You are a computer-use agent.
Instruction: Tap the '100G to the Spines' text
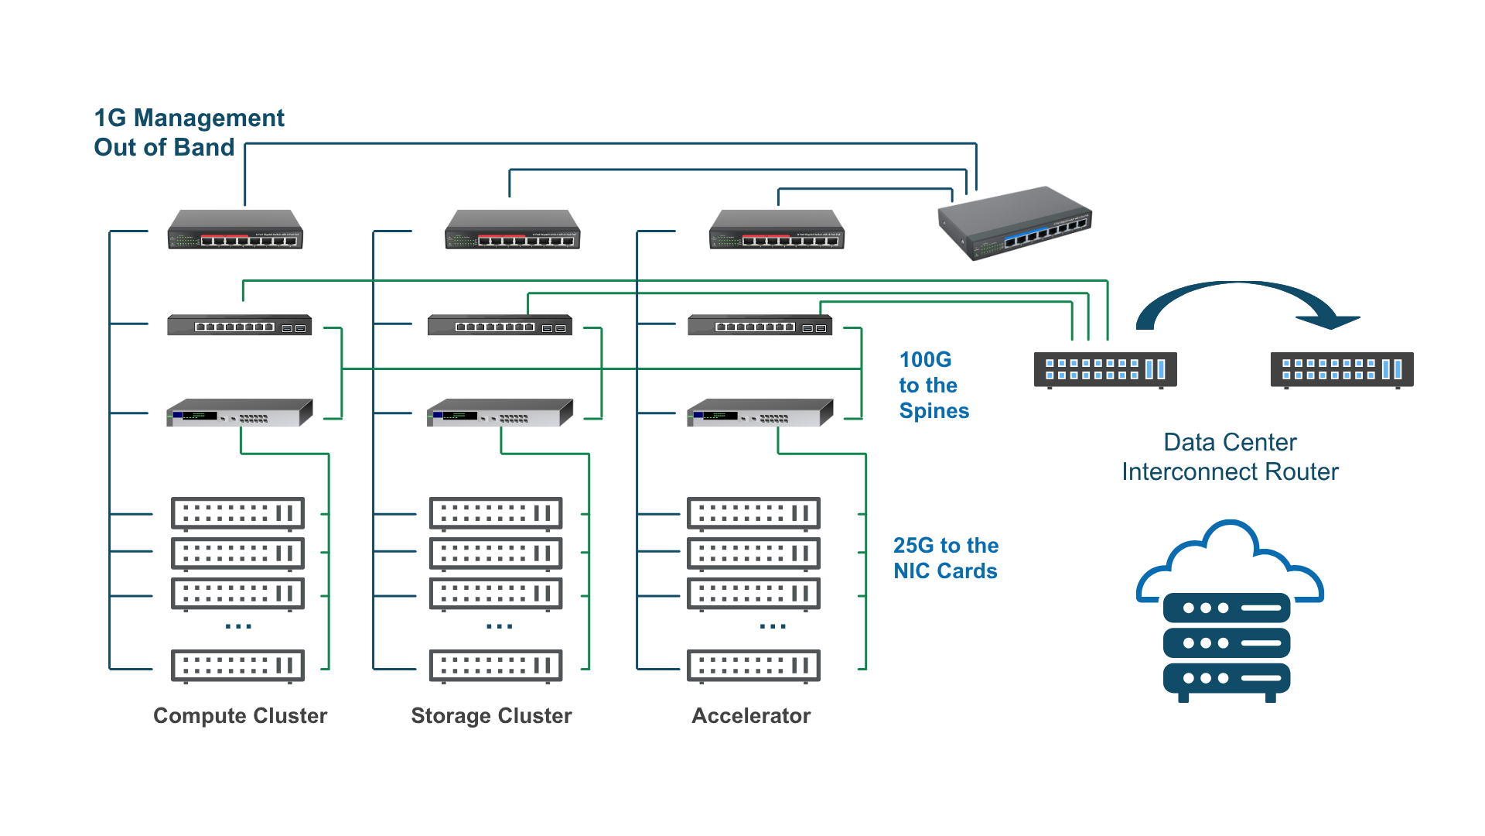point(933,385)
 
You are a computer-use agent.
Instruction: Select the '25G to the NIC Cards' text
point(945,558)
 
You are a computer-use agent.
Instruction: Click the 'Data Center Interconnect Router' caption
point(1230,457)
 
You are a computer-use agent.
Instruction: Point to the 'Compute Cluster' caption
point(240,715)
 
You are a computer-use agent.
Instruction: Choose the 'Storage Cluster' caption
point(491,715)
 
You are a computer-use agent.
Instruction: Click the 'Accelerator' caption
point(751,715)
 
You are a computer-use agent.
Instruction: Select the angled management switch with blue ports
point(1015,223)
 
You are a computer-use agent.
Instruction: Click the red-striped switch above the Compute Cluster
point(235,229)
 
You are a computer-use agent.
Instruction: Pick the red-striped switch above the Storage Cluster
point(512,229)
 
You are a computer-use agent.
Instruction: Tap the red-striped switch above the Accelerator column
point(777,229)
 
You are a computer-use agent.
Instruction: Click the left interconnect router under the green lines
point(1104,370)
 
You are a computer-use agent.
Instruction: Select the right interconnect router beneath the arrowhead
point(1341,370)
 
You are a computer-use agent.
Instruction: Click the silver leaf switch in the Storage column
point(500,413)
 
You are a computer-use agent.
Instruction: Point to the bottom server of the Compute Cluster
point(238,666)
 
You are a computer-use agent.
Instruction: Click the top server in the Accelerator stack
point(754,513)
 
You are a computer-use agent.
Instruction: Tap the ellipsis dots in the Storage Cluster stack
point(499,625)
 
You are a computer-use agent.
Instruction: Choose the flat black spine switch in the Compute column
point(239,325)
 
